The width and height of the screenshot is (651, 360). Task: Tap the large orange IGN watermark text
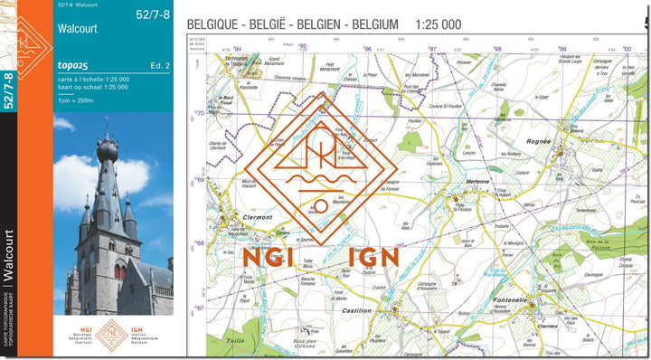click(x=373, y=257)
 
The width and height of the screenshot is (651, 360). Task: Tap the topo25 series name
click(x=71, y=66)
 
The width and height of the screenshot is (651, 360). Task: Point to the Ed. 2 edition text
click(x=160, y=66)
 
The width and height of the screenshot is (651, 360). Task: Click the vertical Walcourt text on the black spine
click(x=8, y=259)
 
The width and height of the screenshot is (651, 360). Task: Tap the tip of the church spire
click(x=107, y=119)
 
